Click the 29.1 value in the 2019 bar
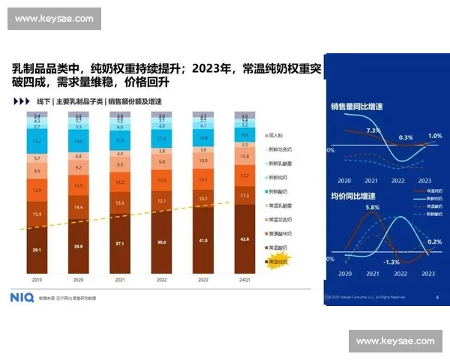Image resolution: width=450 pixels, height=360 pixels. point(36,249)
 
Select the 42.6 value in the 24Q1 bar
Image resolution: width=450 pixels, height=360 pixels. point(244,240)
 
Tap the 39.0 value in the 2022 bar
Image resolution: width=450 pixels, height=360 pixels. point(161,243)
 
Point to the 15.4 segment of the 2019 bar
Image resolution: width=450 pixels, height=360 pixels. point(36,214)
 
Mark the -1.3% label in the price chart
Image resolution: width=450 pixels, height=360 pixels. point(391,262)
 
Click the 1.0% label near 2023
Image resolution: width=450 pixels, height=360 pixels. point(435,136)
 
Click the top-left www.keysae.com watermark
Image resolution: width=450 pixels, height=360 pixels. point(54,19)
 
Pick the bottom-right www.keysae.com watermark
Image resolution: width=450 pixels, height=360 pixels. point(395,341)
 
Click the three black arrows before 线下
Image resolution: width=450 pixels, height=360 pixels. point(21,100)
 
